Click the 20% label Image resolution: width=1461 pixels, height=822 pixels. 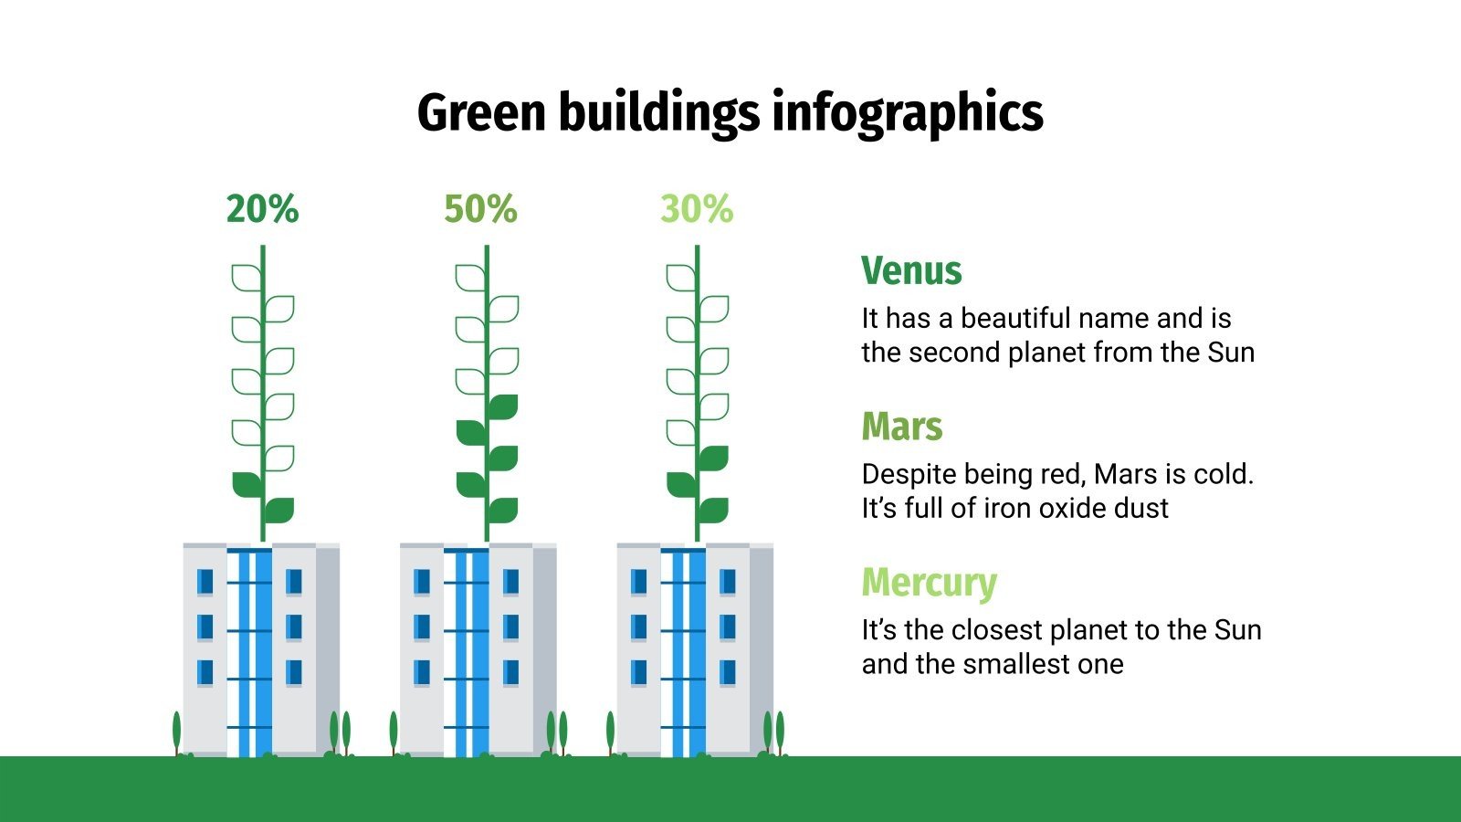pyautogui.click(x=262, y=209)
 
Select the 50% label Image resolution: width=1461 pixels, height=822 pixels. pyautogui.click(x=480, y=209)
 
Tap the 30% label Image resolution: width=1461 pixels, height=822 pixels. pyautogui.click(x=697, y=209)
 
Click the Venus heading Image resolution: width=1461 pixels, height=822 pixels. pyautogui.click(x=911, y=271)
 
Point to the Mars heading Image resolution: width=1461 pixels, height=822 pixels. pyautogui.click(x=901, y=427)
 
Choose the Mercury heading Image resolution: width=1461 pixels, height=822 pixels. pyautogui.click(x=929, y=583)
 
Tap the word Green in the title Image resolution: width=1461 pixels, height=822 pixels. pyautogui.click(x=481, y=113)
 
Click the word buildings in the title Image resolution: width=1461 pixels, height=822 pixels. pyautogui.click(x=658, y=113)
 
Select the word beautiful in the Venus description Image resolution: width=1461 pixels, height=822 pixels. pyautogui.click(x=1014, y=318)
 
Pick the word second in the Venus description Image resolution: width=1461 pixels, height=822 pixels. pyautogui.click(x=955, y=353)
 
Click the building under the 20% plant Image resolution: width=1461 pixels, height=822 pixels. pyautogui.click(x=261, y=649)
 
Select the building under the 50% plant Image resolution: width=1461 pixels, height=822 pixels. pyautogui.click(x=478, y=649)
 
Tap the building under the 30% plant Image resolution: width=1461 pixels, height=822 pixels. pyautogui.click(x=695, y=649)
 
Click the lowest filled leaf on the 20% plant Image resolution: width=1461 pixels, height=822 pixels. pyautogui.click(x=279, y=509)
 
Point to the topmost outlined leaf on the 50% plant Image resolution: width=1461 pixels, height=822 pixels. pyautogui.click(x=470, y=277)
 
